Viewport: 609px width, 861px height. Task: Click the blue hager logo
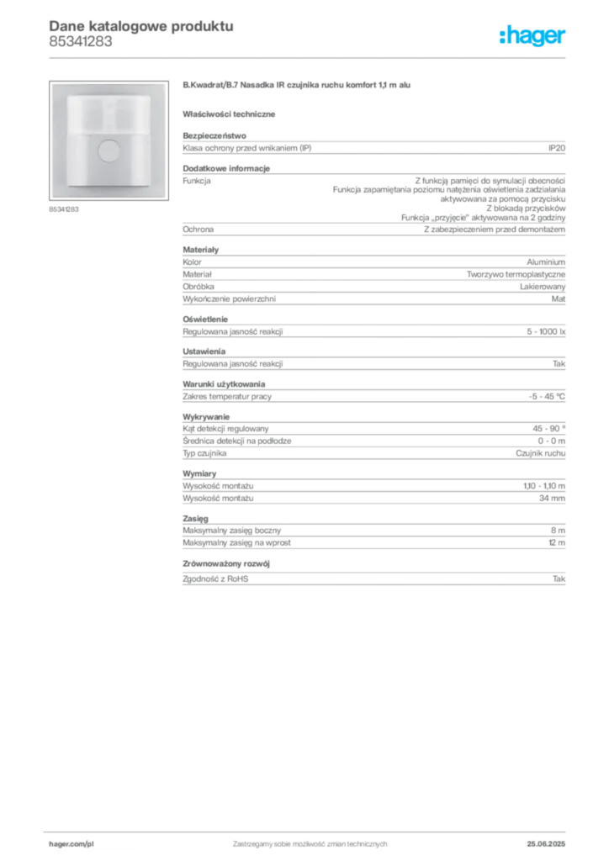pos(534,37)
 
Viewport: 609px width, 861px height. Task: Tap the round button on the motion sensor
pos(109,151)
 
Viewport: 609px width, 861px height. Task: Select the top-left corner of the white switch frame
pos(52,84)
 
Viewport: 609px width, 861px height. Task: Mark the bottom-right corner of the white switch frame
pos(165,197)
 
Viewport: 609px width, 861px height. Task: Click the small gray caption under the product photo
pos(64,209)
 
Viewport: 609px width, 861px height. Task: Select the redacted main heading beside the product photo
pos(299,87)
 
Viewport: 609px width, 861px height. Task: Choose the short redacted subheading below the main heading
pos(231,113)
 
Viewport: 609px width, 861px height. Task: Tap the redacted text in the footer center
pos(310,839)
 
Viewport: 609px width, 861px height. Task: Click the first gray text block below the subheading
pos(373,147)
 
